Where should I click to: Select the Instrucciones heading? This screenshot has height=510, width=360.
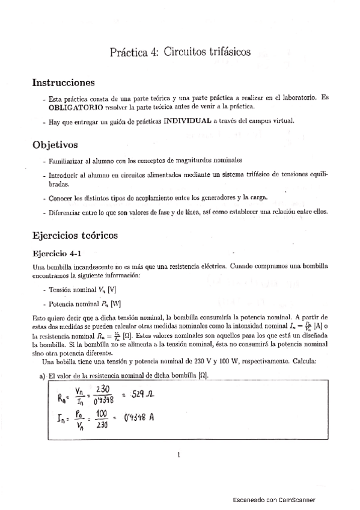coord(63,82)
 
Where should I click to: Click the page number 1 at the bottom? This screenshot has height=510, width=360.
coord(179,455)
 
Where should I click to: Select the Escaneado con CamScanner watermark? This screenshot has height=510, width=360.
coord(273,499)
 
